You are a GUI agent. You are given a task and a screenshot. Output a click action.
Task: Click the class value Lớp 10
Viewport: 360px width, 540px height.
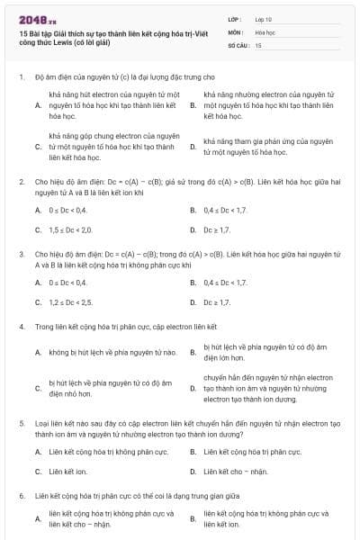263,18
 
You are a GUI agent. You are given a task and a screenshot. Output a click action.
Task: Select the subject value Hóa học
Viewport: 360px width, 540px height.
265,31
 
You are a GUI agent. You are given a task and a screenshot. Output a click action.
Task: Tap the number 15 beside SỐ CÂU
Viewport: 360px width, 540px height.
258,43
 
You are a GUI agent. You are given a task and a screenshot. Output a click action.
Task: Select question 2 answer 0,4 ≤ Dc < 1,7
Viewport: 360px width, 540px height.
224,210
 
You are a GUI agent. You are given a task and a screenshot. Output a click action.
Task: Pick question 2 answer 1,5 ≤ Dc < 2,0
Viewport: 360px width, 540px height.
71,229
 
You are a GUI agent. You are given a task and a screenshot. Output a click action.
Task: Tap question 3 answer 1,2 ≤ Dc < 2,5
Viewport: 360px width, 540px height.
71,301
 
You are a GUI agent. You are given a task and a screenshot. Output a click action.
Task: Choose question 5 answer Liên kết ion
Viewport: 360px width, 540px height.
67,471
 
